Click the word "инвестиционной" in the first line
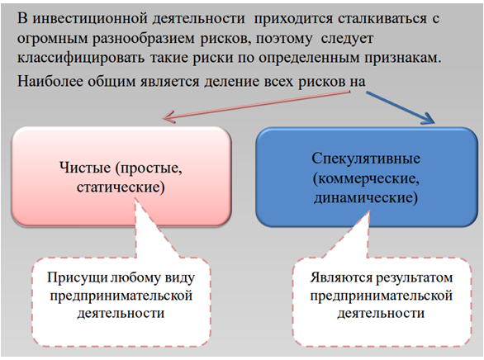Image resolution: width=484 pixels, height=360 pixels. (x=93, y=19)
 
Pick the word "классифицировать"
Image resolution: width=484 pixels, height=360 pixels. (x=81, y=58)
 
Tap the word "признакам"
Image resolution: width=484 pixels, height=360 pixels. (x=403, y=58)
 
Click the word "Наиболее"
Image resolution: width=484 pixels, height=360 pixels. (x=50, y=82)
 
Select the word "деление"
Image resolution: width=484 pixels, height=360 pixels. (x=231, y=82)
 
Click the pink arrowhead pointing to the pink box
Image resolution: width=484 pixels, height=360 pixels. (x=168, y=116)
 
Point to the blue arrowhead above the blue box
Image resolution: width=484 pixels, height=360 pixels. (x=429, y=118)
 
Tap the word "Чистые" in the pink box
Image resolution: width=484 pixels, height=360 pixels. (x=85, y=168)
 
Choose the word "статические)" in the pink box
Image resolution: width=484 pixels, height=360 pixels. (x=121, y=187)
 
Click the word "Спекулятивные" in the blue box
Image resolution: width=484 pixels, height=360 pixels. (x=366, y=159)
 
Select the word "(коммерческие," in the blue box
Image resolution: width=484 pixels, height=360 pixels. (x=366, y=178)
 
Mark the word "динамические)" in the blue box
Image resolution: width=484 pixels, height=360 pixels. (x=366, y=197)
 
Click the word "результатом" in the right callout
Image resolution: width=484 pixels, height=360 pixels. (x=415, y=278)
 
